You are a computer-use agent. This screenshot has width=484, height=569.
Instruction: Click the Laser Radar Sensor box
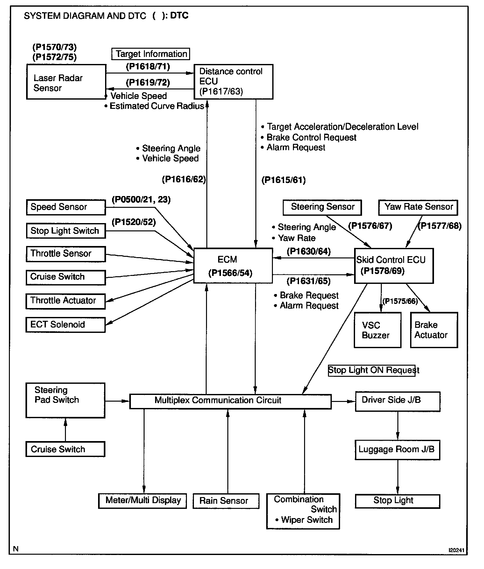(x=66, y=82)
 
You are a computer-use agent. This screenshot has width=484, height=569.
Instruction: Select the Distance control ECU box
(x=233, y=82)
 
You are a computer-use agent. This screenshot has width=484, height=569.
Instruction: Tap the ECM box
(x=233, y=266)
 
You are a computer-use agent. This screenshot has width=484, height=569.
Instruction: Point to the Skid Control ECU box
(x=394, y=266)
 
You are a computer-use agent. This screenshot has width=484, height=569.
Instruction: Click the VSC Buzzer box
(x=378, y=330)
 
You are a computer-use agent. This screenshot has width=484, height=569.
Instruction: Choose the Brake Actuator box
(x=434, y=330)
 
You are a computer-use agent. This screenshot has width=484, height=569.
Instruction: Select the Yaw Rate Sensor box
(x=418, y=207)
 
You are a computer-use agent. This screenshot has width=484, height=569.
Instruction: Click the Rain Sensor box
(x=226, y=501)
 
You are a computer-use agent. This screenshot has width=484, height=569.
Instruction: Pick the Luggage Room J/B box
(x=397, y=450)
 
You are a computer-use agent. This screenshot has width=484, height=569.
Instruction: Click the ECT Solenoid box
(x=66, y=325)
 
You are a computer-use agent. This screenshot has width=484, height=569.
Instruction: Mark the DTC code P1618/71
(x=148, y=67)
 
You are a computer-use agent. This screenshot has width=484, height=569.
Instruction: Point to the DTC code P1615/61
(x=283, y=180)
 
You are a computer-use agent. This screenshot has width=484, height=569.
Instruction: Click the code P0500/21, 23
(x=141, y=200)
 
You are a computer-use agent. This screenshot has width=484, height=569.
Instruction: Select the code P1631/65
(x=309, y=281)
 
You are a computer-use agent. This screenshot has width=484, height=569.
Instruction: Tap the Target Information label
(x=151, y=54)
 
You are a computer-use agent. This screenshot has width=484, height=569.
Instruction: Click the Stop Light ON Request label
(x=374, y=370)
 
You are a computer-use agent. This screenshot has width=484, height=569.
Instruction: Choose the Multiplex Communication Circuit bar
(x=231, y=401)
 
